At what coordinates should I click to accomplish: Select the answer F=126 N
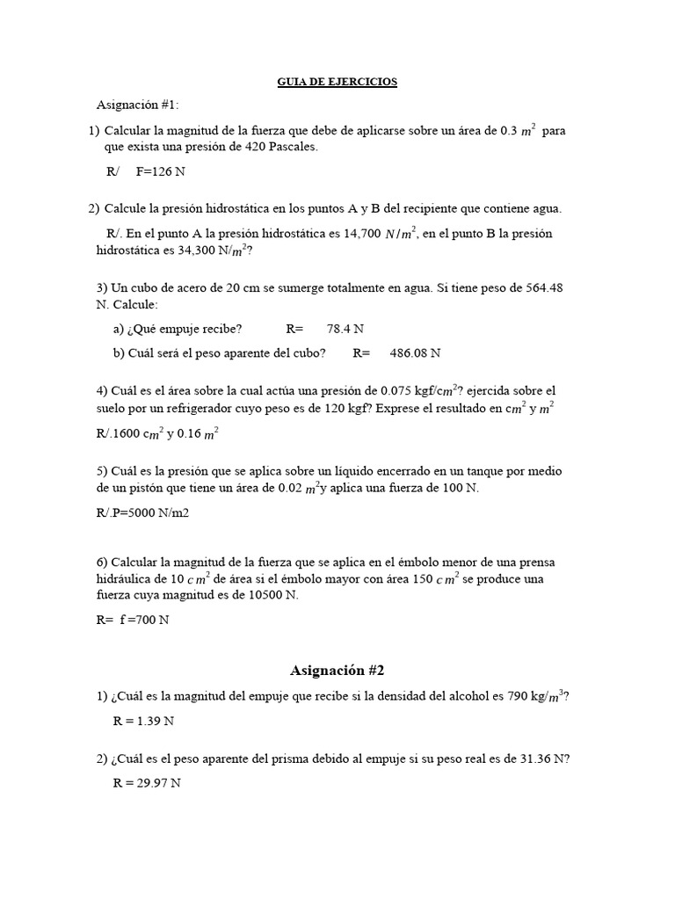[x=160, y=171]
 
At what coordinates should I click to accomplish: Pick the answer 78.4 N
[x=345, y=329]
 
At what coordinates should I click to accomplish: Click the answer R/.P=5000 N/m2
[x=142, y=512]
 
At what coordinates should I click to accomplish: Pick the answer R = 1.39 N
[x=143, y=721]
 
